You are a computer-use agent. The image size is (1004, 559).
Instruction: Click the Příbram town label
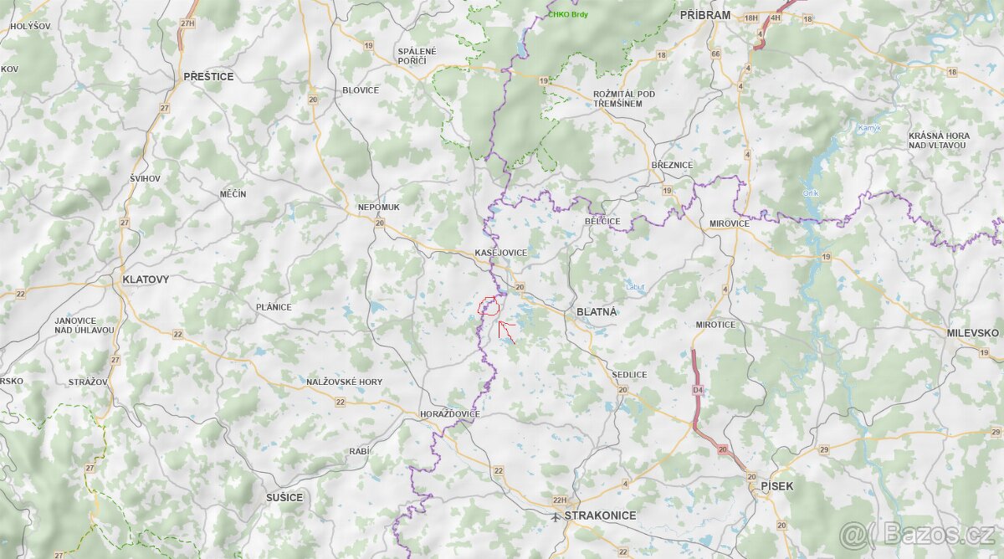[704, 15]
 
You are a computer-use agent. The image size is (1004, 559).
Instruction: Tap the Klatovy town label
[145, 279]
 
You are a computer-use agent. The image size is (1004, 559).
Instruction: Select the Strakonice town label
[600, 515]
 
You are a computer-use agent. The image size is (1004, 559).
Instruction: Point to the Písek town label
[776, 485]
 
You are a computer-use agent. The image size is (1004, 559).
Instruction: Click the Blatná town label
[596, 312]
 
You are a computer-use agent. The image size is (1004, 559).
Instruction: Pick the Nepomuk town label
[378, 207]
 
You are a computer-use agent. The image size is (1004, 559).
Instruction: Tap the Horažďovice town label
[449, 414]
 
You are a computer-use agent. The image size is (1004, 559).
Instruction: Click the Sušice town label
[284, 497]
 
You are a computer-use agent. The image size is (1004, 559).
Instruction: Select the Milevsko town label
[972, 333]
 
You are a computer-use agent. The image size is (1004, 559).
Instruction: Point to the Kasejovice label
[500, 253]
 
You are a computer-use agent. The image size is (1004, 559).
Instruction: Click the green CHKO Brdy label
[568, 15]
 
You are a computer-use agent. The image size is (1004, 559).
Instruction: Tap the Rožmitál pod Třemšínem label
[623, 98]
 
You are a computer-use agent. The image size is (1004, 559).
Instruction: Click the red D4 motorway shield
[697, 390]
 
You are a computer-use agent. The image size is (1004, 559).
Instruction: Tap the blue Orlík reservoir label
[810, 193]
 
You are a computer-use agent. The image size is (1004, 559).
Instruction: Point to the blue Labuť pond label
[635, 287]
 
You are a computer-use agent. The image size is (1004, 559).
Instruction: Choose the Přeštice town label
[208, 76]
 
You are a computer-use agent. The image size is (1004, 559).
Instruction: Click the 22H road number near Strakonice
[560, 500]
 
